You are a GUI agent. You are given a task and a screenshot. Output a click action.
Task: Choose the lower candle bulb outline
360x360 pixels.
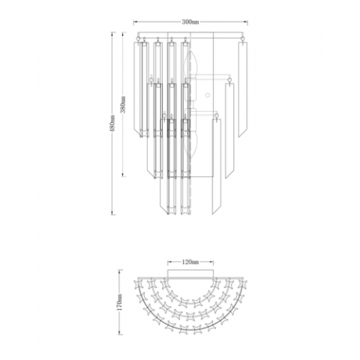192,135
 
